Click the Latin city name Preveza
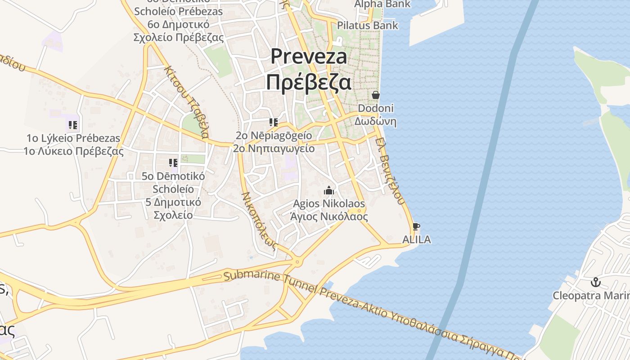309,57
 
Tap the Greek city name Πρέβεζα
309,82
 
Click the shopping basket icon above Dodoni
376,95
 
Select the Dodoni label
376,108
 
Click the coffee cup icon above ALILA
416,226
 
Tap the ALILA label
416,239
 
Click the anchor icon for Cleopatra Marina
596,283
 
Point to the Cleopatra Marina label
591,296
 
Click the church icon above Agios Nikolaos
329,191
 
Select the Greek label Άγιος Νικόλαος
329,217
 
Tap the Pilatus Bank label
368,25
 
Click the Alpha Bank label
382,4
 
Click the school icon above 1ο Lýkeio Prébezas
73,125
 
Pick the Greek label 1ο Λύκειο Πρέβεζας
73,151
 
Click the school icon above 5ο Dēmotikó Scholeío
173,163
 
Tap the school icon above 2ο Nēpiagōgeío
273,122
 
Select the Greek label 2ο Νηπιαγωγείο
274,148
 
